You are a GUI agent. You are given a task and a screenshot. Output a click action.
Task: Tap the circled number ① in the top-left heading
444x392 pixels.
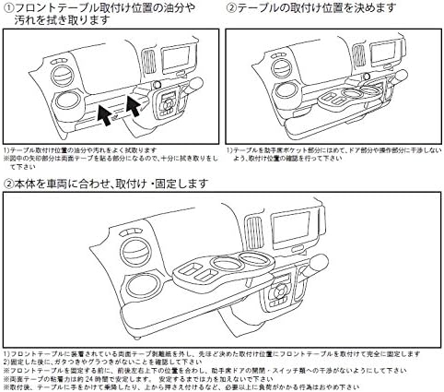[x=8, y=8]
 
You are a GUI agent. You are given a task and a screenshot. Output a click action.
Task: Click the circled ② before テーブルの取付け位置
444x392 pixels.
[x=231, y=8]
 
